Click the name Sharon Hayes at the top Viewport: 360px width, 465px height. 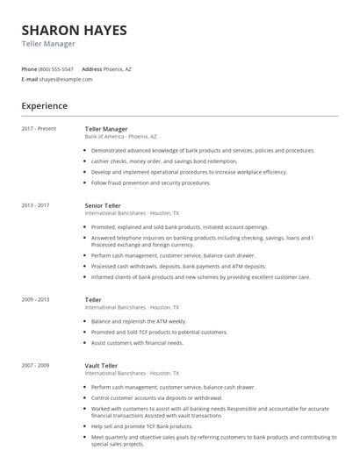[x=74, y=30]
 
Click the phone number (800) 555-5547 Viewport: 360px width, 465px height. [x=58, y=68]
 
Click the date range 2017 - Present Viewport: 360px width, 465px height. [x=39, y=129]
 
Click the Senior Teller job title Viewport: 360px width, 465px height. [x=103, y=205]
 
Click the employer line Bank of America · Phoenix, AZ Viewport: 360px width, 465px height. [x=121, y=137]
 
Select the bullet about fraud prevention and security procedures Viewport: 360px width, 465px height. [x=150, y=182]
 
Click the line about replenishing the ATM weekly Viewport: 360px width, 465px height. [x=139, y=321]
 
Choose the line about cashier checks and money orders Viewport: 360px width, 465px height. [x=152, y=161]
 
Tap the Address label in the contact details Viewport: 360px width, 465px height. [x=92, y=68]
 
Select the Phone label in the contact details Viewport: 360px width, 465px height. [x=29, y=68]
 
